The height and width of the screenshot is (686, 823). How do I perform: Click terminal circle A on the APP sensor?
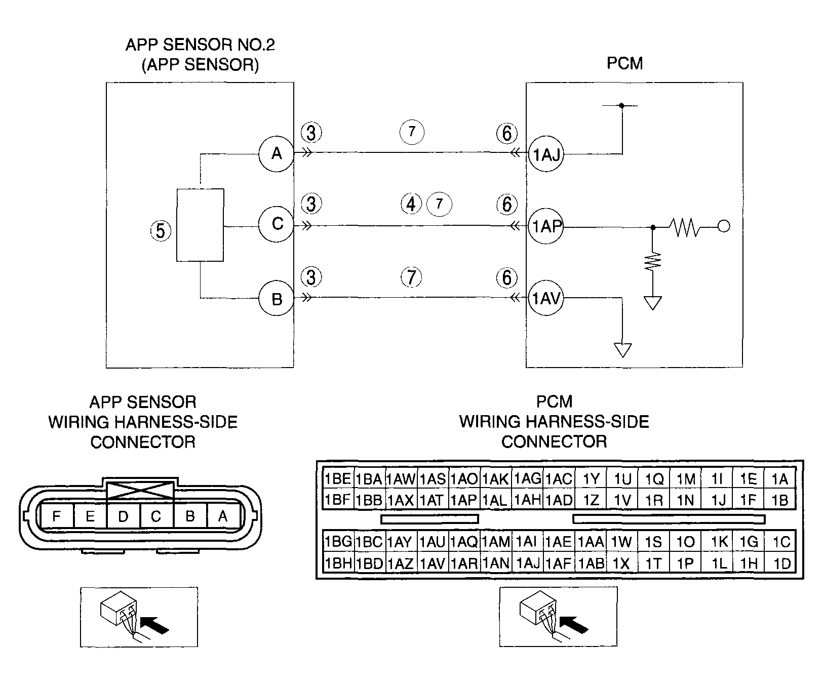[x=276, y=153]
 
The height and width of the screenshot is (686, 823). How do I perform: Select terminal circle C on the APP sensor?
[x=276, y=224]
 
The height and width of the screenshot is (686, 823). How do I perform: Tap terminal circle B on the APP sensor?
[x=276, y=299]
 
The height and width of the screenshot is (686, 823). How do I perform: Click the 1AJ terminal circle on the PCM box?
[x=545, y=154]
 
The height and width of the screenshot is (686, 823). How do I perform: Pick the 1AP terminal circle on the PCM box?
[x=545, y=226]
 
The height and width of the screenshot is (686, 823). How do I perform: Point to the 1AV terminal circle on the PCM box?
[x=545, y=299]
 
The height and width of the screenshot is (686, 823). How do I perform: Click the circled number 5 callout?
[x=161, y=231]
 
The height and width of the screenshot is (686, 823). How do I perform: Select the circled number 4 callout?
[x=411, y=204]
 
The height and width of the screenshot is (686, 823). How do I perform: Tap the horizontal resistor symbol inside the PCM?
[x=686, y=227]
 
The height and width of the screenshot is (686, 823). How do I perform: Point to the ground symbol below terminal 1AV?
[x=622, y=350]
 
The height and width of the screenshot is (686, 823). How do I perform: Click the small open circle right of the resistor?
[x=724, y=226]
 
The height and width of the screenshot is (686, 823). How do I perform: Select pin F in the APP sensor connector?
[x=57, y=516]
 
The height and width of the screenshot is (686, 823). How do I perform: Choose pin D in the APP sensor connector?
[x=123, y=516]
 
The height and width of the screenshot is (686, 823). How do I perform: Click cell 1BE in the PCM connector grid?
[x=338, y=479]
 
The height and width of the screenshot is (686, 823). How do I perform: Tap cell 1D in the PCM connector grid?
[x=780, y=563]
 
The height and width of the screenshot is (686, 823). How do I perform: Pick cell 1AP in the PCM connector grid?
[x=464, y=500]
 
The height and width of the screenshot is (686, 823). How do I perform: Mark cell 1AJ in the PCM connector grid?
[x=527, y=563]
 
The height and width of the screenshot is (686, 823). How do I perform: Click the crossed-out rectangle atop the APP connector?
[x=140, y=490]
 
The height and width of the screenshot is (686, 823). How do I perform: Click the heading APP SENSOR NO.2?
[x=200, y=45]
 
